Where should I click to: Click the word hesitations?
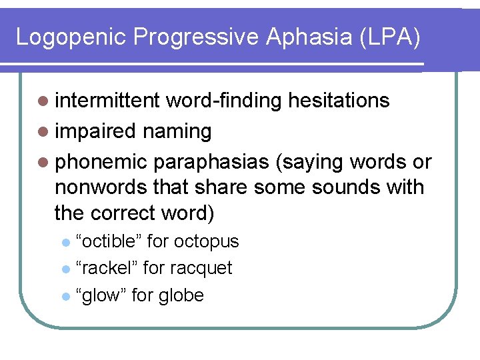coord(339,101)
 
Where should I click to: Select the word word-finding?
coord(225,101)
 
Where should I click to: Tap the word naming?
coord(177,131)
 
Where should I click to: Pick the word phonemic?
coord(101,162)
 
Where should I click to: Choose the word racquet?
coord(201,268)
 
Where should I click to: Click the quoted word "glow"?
coord(101,295)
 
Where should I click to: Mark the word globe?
coord(181,295)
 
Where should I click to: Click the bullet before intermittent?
coord(43,101)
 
